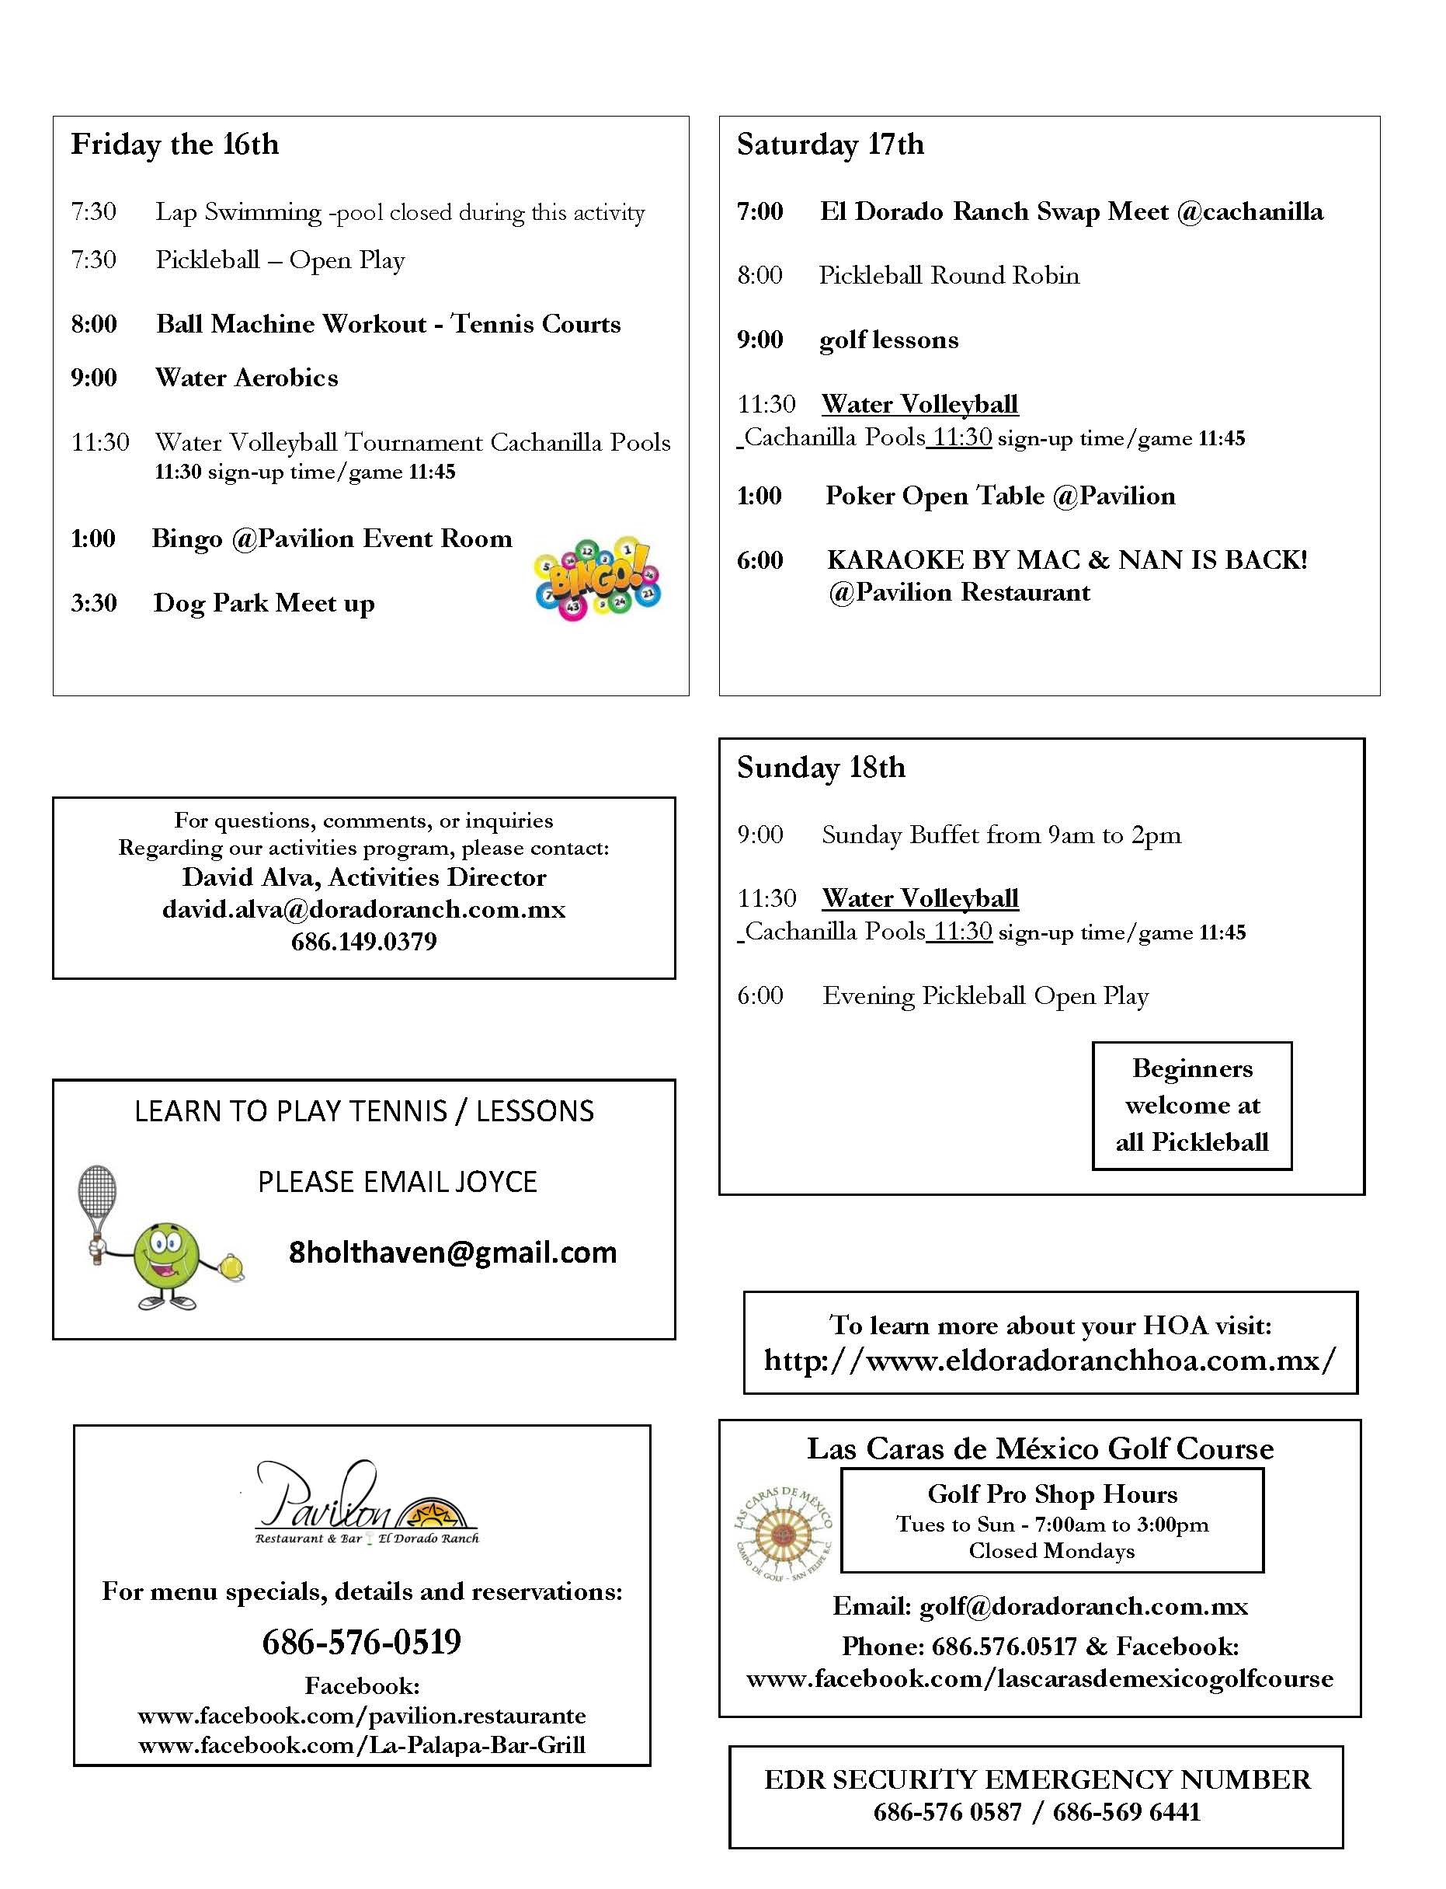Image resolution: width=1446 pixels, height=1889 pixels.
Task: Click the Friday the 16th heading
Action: (x=175, y=145)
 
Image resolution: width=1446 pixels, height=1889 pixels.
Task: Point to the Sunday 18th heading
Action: (x=820, y=767)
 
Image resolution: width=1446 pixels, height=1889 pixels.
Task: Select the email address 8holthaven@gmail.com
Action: (x=453, y=1253)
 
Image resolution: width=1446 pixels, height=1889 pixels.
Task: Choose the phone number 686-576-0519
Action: (x=362, y=1643)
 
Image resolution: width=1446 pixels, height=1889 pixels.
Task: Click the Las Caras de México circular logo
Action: (x=782, y=1534)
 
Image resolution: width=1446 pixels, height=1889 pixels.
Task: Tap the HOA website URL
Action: (x=1050, y=1361)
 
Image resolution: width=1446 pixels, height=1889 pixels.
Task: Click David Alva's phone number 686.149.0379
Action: (x=363, y=942)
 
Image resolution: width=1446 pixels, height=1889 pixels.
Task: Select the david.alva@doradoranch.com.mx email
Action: (x=363, y=910)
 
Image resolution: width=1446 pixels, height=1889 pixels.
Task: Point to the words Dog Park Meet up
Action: (x=263, y=604)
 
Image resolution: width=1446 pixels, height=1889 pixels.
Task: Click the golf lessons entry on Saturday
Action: (x=888, y=340)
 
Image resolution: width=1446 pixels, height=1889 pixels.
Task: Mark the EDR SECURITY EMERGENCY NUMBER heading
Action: (x=1038, y=1779)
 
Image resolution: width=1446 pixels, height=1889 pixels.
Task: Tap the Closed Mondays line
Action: (x=1051, y=1551)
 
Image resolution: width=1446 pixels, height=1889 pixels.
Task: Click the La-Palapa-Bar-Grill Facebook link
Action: (x=362, y=1745)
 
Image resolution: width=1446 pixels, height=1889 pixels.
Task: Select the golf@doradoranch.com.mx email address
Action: (x=1083, y=1607)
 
